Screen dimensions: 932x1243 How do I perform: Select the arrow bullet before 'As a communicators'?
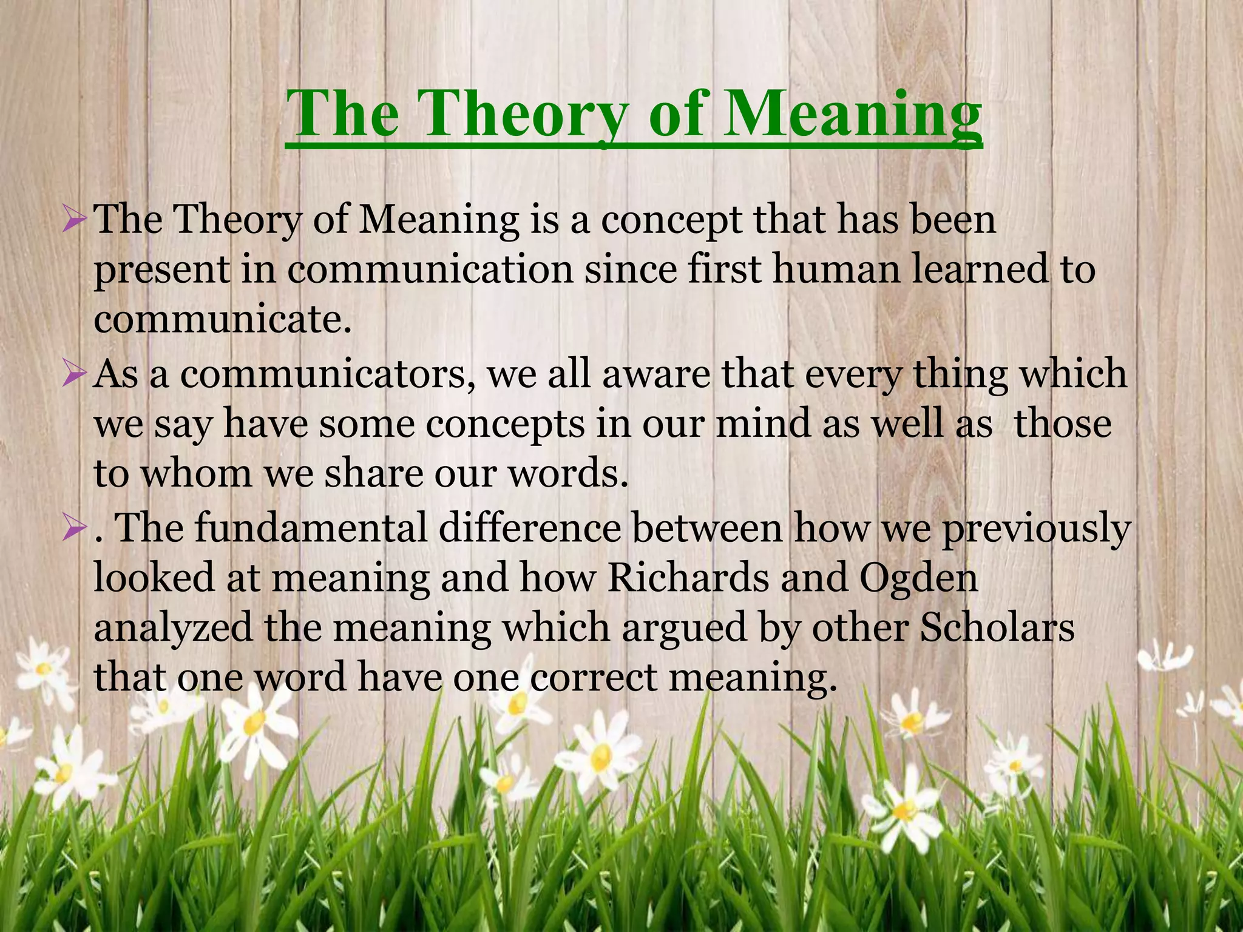coord(76,376)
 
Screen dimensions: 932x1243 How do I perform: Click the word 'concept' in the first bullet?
coord(671,220)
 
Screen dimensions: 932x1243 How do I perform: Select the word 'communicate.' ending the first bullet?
coord(223,319)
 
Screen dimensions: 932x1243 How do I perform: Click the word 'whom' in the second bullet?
coord(196,473)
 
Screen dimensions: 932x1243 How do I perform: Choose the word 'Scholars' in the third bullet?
coord(997,627)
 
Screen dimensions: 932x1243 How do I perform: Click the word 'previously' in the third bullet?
coord(1035,529)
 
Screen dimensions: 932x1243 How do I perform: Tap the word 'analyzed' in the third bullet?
coord(173,629)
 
